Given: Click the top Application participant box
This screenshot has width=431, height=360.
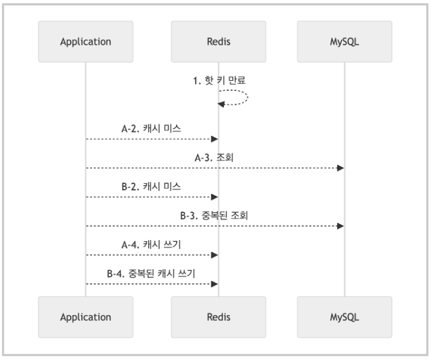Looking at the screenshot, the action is click(x=86, y=42).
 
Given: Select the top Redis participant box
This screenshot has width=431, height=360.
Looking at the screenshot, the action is click(x=218, y=42).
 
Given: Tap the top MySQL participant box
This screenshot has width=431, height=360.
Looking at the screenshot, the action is click(x=345, y=42).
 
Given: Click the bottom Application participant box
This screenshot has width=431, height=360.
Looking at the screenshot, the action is click(x=86, y=317).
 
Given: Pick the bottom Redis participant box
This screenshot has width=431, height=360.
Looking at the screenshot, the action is click(x=218, y=317).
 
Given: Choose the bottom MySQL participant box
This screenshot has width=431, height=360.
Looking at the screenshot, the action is click(x=345, y=317).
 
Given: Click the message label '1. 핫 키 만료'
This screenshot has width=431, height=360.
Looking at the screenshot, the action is click(x=219, y=81).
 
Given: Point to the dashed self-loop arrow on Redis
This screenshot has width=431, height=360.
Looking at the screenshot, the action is click(x=247, y=97).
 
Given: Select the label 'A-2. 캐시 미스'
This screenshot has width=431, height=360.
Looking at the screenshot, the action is click(x=151, y=129).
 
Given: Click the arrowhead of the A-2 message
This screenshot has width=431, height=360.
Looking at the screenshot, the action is click(x=215, y=139).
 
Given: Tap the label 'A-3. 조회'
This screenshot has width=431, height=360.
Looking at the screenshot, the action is click(x=214, y=158).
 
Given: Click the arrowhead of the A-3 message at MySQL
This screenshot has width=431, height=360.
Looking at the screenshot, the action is click(x=341, y=168).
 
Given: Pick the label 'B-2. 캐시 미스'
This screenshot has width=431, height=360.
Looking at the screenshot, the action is click(x=151, y=187).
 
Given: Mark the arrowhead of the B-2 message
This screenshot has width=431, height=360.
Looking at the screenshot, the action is click(x=215, y=197).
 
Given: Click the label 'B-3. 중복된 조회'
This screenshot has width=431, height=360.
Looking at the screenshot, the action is click(x=214, y=215).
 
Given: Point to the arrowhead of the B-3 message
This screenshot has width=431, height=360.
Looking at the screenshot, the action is click(x=341, y=226).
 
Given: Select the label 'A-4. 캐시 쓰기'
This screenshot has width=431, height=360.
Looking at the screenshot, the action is click(x=151, y=245).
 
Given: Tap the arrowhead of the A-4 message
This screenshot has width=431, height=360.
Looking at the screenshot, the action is click(x=215, y=255).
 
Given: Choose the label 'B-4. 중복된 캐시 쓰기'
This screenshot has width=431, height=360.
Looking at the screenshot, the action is click(x=151, y=273).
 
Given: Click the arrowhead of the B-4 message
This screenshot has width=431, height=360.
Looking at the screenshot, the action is click(x=215, y=284).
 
